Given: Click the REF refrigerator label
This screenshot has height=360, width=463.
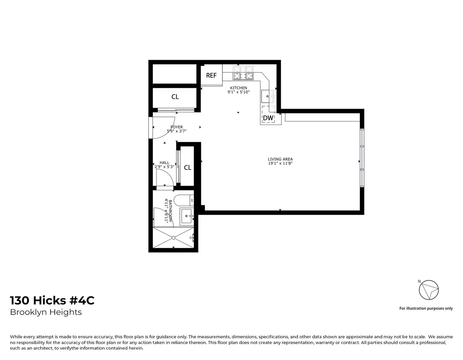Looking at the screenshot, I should pos(211,76).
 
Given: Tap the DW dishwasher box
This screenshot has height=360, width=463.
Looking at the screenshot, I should pos(268,118).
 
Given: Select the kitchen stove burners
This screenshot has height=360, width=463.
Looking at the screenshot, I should pos(243,76).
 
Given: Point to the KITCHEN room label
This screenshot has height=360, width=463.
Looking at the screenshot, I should pos(238,88).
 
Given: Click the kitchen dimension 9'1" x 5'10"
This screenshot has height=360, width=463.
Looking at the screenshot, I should pos(238,92).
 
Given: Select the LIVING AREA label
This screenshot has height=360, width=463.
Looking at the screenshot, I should pos(280,159).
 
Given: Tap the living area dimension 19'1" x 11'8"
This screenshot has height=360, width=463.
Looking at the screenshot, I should pos(280,163).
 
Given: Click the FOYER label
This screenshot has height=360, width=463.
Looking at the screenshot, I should pos(177,127).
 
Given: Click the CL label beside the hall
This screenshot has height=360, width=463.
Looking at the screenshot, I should pos(188,168).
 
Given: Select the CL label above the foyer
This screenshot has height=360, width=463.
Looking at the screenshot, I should pos(175,97).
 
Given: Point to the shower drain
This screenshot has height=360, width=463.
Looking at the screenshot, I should pos(174,238).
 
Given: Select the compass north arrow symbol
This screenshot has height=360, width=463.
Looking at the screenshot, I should pos(429,289).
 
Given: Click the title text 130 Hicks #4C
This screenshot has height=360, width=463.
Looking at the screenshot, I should pos(52,301).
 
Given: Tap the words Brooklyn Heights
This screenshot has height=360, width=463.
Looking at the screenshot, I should pos(46,312).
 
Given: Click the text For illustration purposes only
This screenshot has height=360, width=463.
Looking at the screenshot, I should pos(426,308).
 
